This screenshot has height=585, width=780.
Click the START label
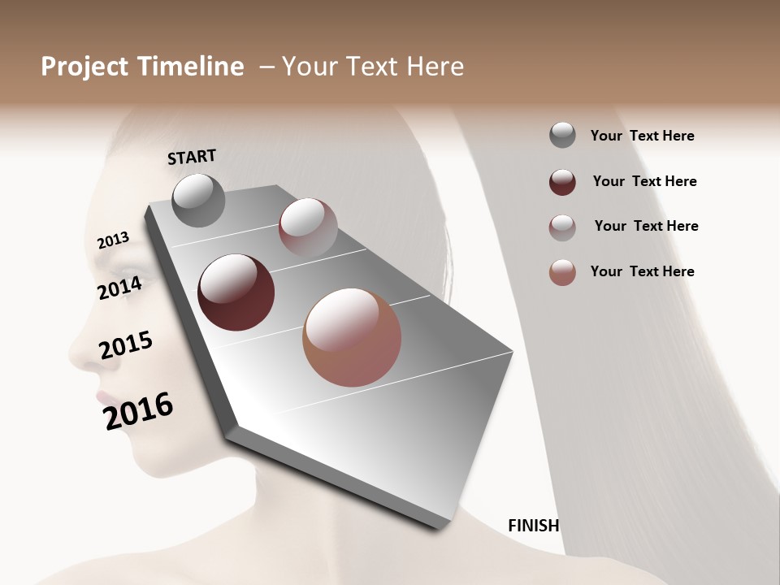pos(192,156)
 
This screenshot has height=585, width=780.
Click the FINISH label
pos(533,526)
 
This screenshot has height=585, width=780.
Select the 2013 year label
pos(113,240)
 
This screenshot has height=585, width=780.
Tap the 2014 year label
pos(119,288)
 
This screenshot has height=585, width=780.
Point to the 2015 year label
pos(126,344)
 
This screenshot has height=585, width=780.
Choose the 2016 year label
pos(138,410)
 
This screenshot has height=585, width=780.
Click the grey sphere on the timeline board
pos(198,200)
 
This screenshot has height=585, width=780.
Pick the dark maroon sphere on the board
pos(236,292)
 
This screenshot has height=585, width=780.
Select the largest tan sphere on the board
pos(352,337)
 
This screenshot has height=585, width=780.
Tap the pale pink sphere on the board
pos(308,227)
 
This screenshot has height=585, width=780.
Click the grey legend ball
pos(562,136)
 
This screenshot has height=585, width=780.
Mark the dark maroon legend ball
pos(562,182)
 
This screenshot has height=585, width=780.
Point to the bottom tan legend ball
pos(562,272)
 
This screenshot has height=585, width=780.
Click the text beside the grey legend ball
pos(642,136)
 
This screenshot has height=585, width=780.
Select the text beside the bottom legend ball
pos(642,271)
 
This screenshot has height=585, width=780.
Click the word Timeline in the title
pos(190,67)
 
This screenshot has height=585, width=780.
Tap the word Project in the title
pos(84,67)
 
